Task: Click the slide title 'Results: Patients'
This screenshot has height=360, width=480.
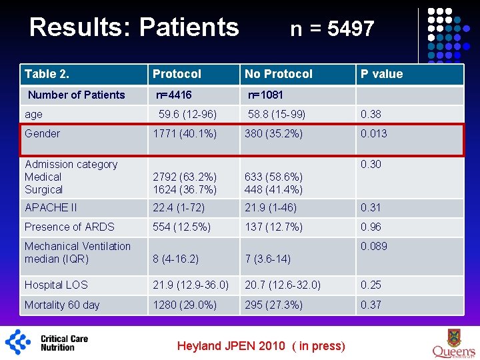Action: point(134,27)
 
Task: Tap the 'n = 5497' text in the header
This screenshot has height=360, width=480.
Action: point(332,29)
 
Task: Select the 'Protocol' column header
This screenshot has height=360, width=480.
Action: point(177,74)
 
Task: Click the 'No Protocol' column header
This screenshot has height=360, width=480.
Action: point(278,74)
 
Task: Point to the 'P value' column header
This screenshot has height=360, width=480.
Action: point(382,74)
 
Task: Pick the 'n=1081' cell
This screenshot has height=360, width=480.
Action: point(265,95)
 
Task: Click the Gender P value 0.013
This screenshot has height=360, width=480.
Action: point(373,133)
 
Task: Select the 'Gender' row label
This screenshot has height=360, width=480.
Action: point(42,133)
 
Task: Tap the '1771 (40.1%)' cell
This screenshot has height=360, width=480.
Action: point(185,133)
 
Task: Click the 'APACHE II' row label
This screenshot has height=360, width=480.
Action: point(51,208)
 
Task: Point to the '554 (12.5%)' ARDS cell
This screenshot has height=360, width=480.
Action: point(182,227)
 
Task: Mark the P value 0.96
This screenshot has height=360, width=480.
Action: point(371,227)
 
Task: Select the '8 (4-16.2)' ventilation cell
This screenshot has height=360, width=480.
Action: point(175,259)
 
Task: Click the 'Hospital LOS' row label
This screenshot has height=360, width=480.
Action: point(56,285)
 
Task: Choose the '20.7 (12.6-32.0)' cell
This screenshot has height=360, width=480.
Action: point(282,285)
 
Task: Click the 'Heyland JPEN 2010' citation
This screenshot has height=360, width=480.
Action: point(261,345)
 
